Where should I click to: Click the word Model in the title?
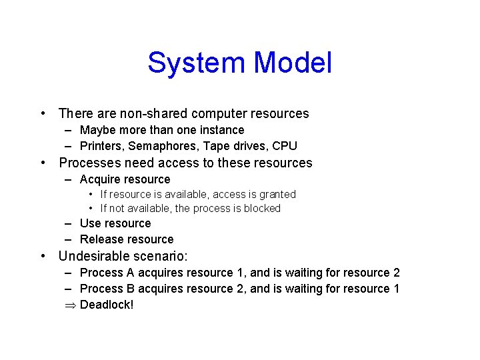click(293, 63)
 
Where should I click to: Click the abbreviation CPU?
click(285, 146)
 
